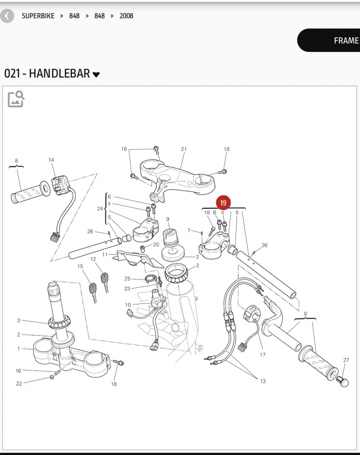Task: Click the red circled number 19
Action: tap(223, 203)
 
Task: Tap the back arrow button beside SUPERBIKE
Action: tap(7, 16)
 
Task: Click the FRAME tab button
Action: tap(345, 40)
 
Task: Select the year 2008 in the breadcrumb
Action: tap(126, 16)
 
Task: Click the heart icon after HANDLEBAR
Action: tap(96, 75)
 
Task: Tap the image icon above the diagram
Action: tap(16, 99)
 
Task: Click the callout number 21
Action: tap(184, 149)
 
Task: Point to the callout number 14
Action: tap(51, 160)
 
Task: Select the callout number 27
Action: tap(346, 360)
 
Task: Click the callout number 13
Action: tap(263, 381)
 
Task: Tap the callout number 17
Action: tap(262, 355)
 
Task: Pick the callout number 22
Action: tap(19, 384)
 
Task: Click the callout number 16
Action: tap(19, 371)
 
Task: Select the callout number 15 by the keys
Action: tap(80, 266)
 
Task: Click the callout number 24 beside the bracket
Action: tap(100, 209)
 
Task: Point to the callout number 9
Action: tap(167, 219)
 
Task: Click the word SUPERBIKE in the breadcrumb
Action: tap(38, 16)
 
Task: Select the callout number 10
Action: tap(128, 305)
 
